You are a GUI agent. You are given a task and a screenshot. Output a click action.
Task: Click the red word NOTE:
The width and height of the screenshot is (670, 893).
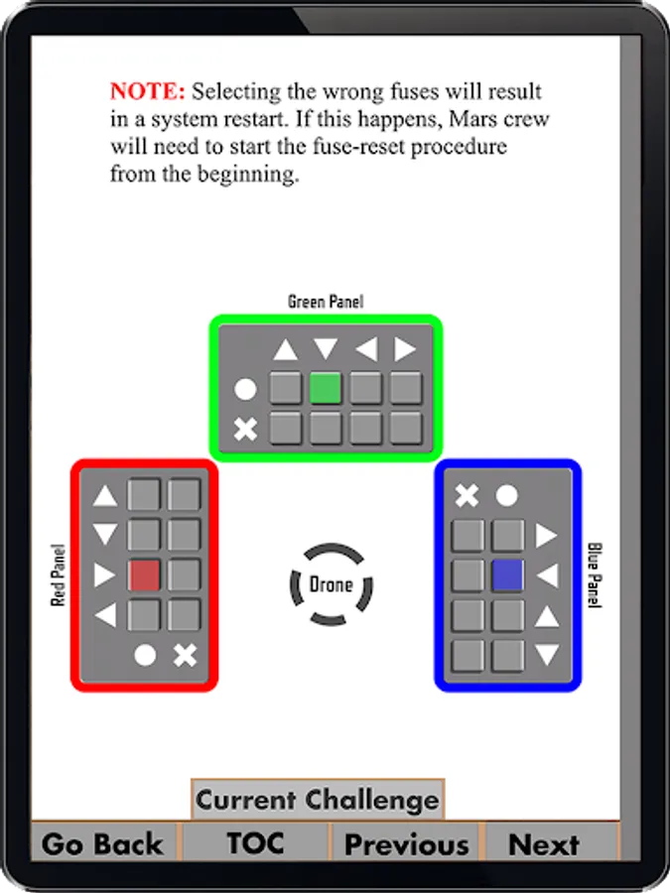[147, 91]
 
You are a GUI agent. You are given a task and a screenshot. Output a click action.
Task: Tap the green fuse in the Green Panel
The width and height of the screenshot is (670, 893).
[326, 388]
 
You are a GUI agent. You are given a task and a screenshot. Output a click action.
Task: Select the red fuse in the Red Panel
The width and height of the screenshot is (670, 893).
[145, 575]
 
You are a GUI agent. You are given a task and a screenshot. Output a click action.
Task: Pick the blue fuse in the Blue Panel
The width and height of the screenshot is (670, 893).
[507, 575]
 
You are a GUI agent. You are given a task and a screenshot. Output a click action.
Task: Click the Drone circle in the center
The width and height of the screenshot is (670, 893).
[331, 584]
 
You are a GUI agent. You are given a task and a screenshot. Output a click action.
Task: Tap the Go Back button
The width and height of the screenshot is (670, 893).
[103, 843]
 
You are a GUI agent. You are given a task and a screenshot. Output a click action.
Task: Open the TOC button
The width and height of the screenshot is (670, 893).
[255, 843]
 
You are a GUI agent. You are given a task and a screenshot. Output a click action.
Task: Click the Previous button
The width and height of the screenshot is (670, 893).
[406, 843]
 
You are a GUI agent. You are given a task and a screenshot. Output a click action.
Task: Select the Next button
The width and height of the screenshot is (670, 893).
[544, 843]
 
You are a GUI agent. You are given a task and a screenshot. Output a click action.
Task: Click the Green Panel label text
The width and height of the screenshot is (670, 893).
[325, 302]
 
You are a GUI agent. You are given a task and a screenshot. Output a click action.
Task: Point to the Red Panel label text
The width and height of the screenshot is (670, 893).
[59, 574]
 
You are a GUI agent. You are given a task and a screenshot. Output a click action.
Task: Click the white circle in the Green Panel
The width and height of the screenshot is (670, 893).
[245, 389]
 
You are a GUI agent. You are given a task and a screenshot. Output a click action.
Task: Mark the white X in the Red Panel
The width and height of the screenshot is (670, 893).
[185, 655]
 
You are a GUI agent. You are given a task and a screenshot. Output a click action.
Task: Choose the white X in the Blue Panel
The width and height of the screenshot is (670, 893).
[467, 495]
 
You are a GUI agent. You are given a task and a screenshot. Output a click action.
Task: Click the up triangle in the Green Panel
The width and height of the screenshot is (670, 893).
[286, 350]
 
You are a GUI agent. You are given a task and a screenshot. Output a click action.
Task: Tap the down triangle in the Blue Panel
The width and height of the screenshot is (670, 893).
[547, 655]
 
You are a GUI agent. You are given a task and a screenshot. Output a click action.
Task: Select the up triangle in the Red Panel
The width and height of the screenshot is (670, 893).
[105, 496]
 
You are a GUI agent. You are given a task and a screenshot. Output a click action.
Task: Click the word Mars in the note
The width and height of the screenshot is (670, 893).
[485, 119]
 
